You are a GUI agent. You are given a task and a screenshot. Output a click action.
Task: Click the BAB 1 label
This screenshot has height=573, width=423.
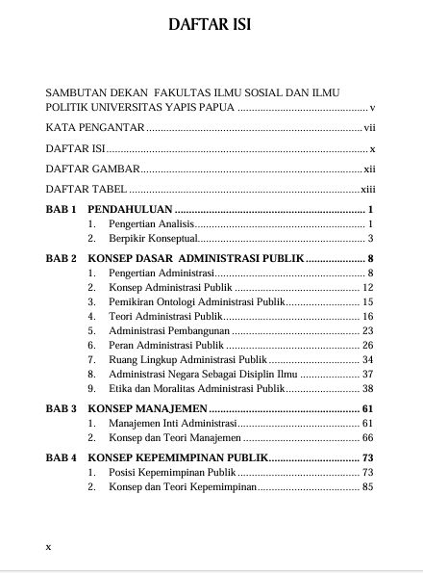click(x=61, y=210)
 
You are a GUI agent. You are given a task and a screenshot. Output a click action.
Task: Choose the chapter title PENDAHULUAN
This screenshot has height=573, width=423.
click(x=130, y=210)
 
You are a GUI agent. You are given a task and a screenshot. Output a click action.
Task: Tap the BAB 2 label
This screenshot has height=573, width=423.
click(x=61, y=259)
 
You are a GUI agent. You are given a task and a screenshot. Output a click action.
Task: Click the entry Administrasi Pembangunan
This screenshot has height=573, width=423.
click(x=169, y=330)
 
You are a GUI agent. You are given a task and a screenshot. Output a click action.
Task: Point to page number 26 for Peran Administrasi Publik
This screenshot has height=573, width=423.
click(x=367, y=344)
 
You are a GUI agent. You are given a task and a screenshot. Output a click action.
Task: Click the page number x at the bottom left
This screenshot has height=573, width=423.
click(x=49, y=546)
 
